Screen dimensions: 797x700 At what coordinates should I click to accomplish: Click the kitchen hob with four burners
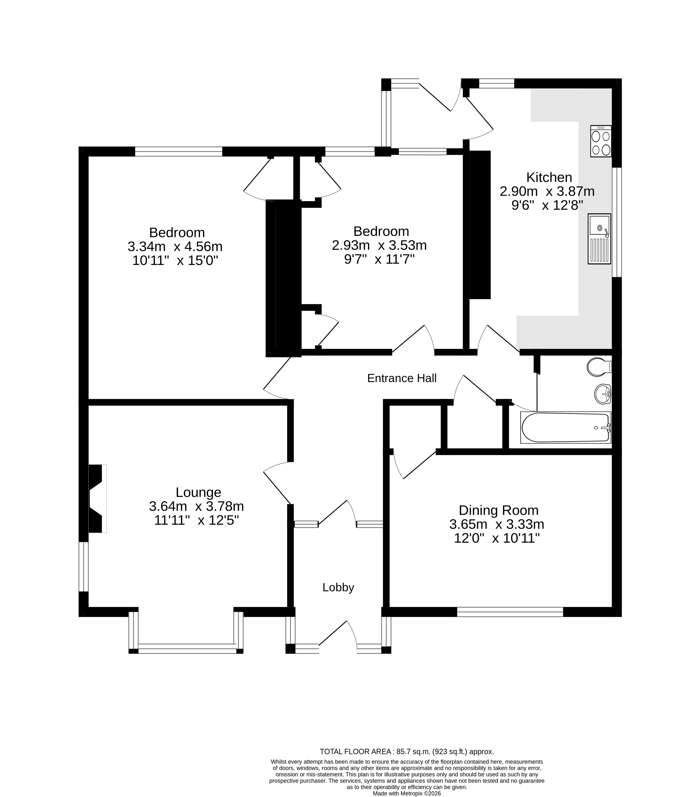point(601,141)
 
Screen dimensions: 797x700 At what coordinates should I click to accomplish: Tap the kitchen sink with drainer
point(599,239)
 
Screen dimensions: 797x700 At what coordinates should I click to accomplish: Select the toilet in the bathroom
point(598,367)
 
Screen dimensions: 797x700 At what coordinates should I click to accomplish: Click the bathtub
point(565,428)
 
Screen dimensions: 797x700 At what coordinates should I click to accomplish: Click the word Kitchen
point(549,177)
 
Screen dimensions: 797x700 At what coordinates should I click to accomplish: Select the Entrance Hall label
point(401,378)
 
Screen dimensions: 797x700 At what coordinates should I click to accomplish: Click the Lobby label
point(338,587)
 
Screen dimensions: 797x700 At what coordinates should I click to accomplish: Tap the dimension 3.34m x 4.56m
point(175,246)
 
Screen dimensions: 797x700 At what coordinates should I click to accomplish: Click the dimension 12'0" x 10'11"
point(496,539)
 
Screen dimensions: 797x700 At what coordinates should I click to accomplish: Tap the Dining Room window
point(510,612)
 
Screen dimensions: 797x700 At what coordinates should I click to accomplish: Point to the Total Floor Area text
point(407,751)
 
